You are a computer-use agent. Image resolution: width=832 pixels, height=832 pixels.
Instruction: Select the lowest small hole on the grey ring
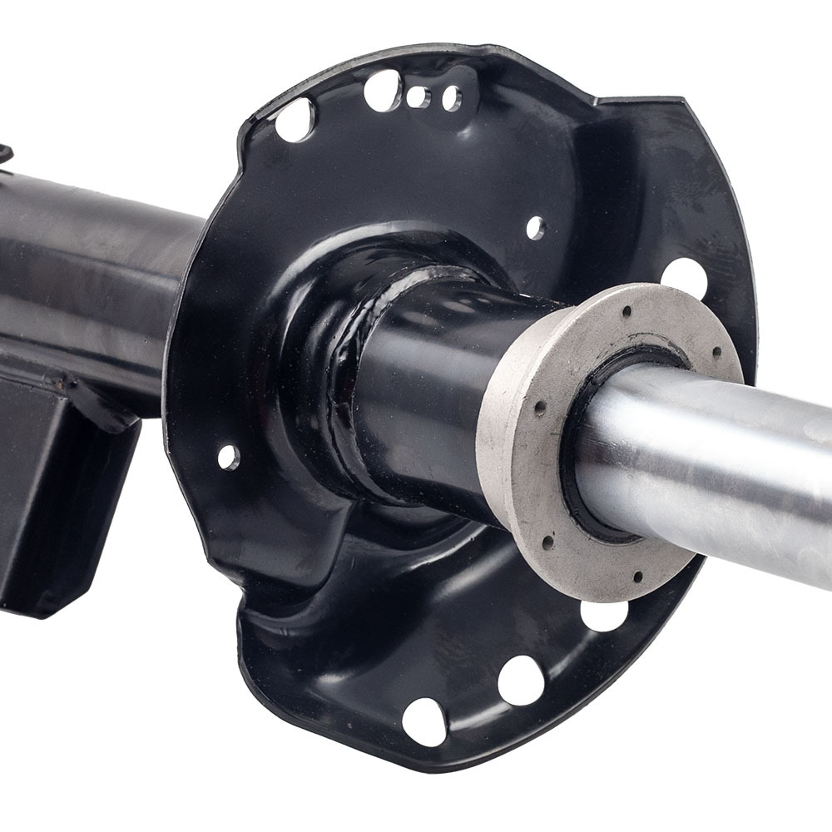tap(638, 576)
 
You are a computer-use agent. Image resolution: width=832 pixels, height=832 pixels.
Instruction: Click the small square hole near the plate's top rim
tap(416, 97)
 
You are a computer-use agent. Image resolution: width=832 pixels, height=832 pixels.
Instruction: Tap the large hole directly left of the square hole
tap(382, 90)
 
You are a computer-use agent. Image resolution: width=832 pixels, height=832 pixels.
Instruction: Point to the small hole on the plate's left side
tap(227, 456)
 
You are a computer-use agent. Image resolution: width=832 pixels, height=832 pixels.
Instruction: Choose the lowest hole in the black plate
tap(423, 721)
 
